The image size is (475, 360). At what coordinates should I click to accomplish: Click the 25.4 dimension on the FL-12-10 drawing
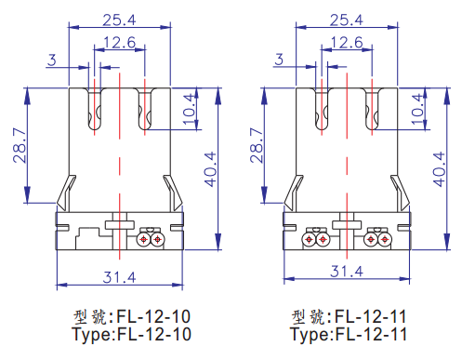(x=119, y=20)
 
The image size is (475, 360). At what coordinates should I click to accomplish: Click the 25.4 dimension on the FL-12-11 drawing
(x=347, y=20)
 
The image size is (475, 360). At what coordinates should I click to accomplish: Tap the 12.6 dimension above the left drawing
(x=120, y=43)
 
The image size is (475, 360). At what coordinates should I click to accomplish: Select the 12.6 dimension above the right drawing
(x=347, y=43)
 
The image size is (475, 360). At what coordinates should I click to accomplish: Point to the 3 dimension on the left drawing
(x=52, y=60)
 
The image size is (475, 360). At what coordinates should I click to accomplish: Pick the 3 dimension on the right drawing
(x=279, y=60)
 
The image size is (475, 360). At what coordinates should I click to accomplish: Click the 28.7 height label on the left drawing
(x=20, y=145)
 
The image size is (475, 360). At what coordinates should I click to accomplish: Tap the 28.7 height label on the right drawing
(x=257, y=145)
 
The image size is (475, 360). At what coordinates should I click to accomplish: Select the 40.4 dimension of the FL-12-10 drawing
(x=210, y=169)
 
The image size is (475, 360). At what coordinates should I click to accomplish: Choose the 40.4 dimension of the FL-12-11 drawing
(x=439, y=169)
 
